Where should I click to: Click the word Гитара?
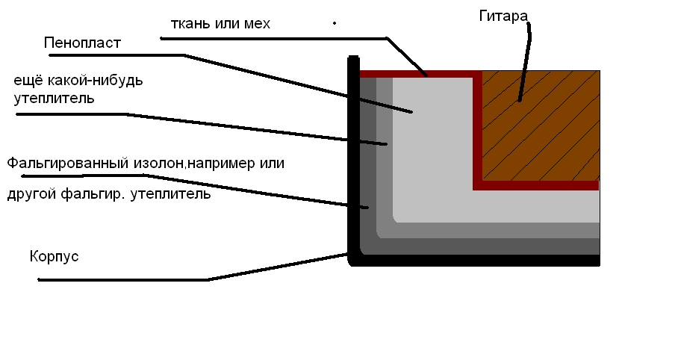503,15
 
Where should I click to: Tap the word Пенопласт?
82,43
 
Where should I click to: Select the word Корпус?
54,256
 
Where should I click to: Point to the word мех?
255,24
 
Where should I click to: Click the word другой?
29,195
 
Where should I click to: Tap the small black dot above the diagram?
334,23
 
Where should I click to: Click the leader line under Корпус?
123,280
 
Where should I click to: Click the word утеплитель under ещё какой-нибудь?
54,98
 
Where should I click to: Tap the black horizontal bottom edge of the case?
478,261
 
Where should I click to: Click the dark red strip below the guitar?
538,185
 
